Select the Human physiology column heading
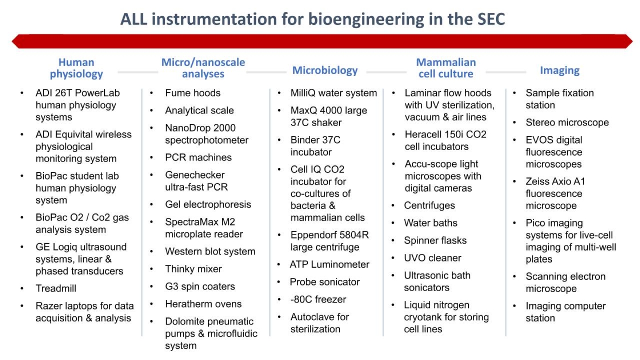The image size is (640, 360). click(76, 68)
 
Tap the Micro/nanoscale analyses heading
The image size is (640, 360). click(203, 68)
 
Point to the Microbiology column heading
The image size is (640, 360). click(325, 70)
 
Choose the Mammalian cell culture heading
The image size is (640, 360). click(446, 68)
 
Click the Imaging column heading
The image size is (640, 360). click(560, 70)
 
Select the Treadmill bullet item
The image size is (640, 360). click(56, 288)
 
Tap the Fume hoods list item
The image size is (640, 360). click(193, 93)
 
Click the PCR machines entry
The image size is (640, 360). click(198, 157)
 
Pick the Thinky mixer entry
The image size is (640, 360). click(193, 269)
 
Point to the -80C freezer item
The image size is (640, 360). click(318, 300)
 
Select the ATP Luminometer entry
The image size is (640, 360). click(329, 264)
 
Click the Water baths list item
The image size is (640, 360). click(431, 223)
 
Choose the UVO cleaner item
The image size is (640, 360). click(432, 258)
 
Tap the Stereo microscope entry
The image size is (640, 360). click(567, 123)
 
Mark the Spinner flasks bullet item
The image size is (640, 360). click(435, 240)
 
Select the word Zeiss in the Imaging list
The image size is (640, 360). click(536, 181)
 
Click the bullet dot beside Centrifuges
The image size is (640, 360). click(393, 206)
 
